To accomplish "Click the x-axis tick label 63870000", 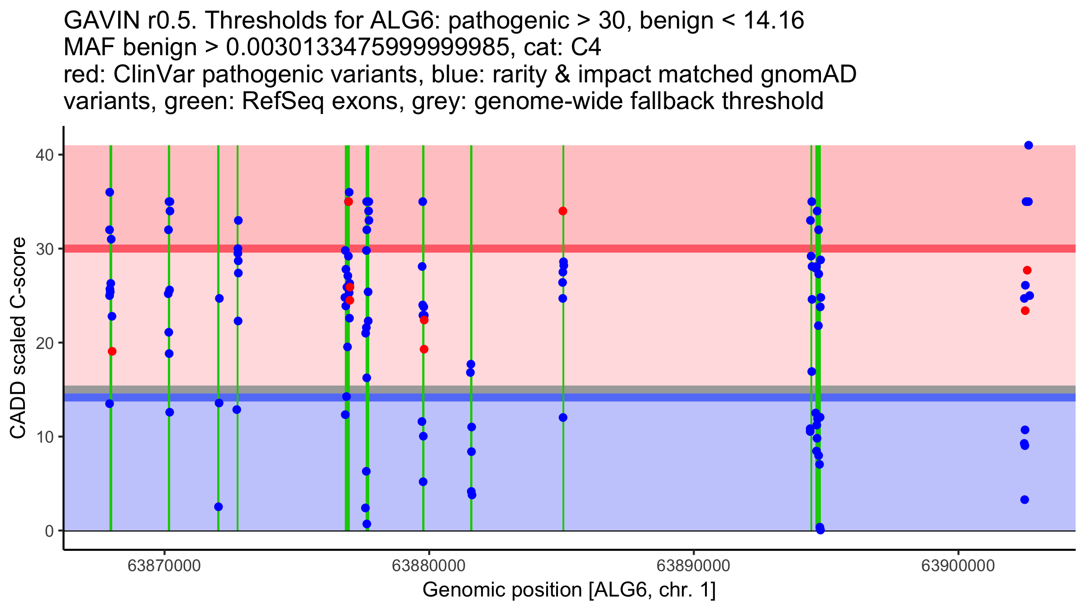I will pyautogui.click(x=164, y=566).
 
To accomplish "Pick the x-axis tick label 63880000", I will pyautogui.click(x=429, y=566).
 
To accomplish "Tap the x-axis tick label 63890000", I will pyautogui.click(x=693, y=566).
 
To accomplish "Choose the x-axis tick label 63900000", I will pyautogui.click(x=958, y=566).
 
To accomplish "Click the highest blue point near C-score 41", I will pyautogui.click(x=1029, y=145).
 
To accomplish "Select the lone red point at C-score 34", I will pyautogui.click(x=563, y=211).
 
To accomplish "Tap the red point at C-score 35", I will pyautogui.click(x=348, y=201).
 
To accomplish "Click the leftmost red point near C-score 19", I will pyautogui.click(x=112, y=351).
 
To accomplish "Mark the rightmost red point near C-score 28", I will pyautogui.click(x=1027, y=270).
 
